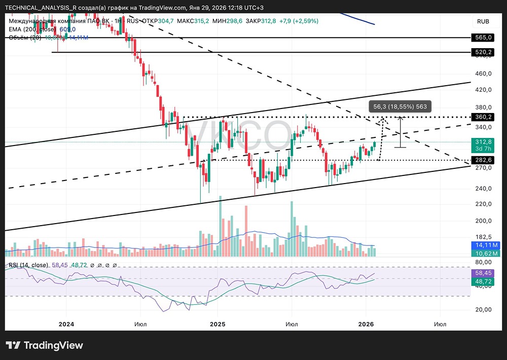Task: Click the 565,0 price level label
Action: (483, 38)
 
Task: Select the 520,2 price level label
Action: (483, 52)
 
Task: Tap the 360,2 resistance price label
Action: (483, 117)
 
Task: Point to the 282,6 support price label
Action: (483, 160)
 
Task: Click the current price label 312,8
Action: (483, 142)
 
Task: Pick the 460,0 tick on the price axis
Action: (483, 74)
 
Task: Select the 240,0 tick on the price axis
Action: (483, 188)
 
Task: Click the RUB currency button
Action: (483, 21)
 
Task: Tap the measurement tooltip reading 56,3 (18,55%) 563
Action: (400, 107)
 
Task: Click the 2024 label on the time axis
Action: (66, 323)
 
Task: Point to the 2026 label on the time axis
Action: (366, 323)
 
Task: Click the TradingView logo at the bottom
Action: (44, 345)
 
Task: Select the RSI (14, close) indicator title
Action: (28, 265)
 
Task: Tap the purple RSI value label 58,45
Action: (483, 272)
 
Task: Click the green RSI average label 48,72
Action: (483, 280)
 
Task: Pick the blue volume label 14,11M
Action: (483, 244)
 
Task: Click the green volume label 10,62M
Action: (483, 253)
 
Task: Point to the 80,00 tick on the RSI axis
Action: (483, 262)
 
